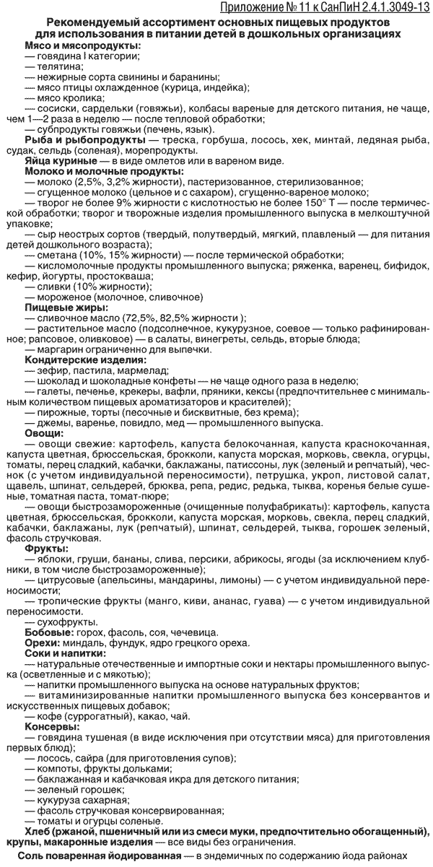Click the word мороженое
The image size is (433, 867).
(68, 297)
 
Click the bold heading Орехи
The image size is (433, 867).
(41, 642)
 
